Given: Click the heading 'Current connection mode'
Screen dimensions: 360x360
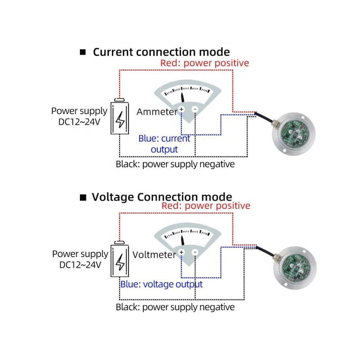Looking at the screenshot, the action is (161, 52).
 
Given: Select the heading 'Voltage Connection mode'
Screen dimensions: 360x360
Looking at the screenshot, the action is (162, 197).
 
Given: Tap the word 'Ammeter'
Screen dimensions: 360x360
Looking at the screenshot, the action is (157, 112).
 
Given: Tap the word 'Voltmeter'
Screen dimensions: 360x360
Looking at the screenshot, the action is (154, 255).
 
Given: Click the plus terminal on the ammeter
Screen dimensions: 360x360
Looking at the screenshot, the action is (181, 109).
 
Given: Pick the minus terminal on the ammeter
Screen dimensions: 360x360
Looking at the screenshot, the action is (195, 109).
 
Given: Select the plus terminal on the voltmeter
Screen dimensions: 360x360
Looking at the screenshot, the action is (181, 252).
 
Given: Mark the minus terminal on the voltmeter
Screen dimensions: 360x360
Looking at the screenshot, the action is (195, 252).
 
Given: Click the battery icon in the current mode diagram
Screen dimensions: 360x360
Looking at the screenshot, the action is (120, 116).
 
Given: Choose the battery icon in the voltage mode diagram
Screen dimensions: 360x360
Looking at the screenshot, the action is (120, 259).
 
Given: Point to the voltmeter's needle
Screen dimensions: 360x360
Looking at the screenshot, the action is (183, 240).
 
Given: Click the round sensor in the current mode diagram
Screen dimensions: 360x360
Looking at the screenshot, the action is (293, 134).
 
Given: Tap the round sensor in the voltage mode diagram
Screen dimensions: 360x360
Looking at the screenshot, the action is (295, 268).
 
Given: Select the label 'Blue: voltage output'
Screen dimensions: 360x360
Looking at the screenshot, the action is (162, 285).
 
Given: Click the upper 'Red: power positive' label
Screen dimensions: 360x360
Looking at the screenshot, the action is (205, 63).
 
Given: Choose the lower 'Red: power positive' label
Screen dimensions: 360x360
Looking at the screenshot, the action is (206, 206).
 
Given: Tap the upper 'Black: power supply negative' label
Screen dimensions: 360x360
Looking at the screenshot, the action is (175, 164).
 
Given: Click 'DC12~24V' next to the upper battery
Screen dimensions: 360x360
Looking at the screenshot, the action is (79, 122).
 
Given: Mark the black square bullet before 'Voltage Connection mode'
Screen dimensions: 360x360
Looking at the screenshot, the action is (83, 198).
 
